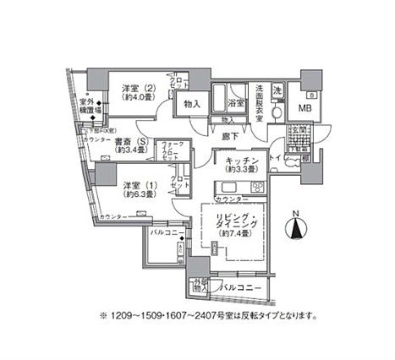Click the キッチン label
(232, 161)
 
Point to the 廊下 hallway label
(227, 134)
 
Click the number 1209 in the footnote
(122, 316)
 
